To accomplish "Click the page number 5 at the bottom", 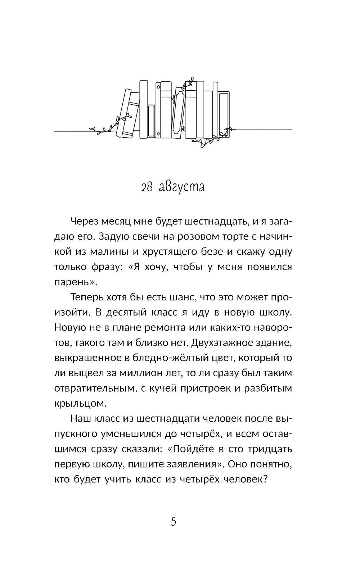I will [x=173, y=521].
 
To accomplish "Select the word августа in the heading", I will [x=182, y=187].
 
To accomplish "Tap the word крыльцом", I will [x=80, y=404].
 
